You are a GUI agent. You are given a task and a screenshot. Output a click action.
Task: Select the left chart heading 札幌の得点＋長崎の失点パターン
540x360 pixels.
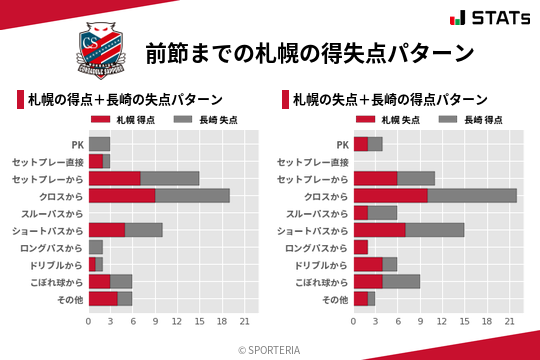[124, 99]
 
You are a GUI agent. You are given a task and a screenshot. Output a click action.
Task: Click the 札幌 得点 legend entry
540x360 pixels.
[130, 119]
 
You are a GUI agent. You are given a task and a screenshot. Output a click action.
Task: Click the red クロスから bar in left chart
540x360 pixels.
[122, 196]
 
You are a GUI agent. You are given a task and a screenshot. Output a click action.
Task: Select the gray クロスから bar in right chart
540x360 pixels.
[472, 196]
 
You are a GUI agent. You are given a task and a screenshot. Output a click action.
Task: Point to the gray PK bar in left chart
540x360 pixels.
[99, 144]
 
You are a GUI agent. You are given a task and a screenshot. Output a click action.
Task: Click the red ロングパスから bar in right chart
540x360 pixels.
[361, 247]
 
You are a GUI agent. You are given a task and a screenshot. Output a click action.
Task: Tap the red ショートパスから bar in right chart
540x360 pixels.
[380, 230]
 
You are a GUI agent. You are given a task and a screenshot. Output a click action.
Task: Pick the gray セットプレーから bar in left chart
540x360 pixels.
[170, 178]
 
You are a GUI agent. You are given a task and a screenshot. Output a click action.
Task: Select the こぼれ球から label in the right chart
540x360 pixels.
[315, 282]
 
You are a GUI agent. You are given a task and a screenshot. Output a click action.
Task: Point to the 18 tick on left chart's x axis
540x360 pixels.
[221, 321]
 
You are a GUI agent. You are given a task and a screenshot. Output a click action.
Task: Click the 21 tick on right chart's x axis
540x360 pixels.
[509, 321]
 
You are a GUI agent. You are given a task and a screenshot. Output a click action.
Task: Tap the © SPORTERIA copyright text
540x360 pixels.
[270, 349]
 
